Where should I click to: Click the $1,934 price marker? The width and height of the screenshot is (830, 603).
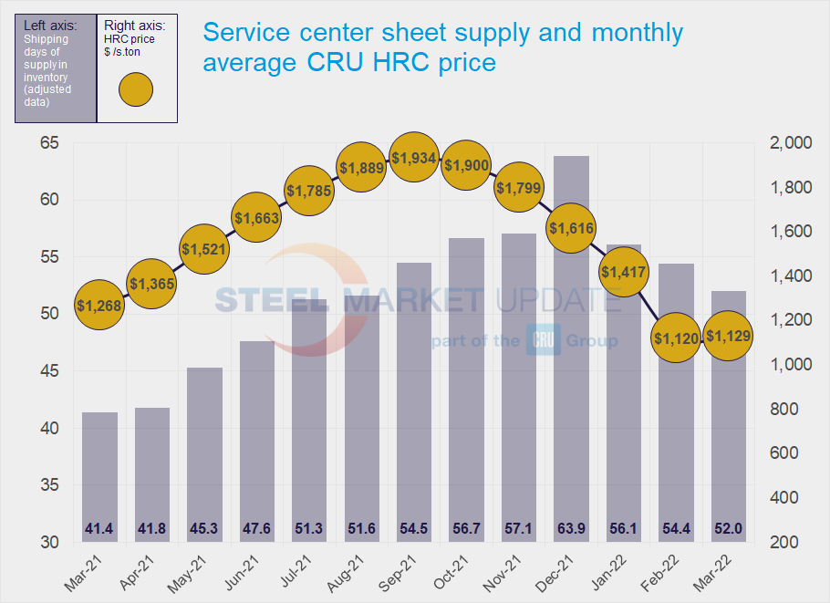coord(414,159)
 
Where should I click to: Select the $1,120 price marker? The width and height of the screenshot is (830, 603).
coord(676,338)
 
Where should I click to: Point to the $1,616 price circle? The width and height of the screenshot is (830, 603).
coord(571,228)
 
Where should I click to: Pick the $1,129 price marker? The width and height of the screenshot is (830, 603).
coord(729,336)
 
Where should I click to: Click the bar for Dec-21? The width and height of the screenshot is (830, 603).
coord(571,347)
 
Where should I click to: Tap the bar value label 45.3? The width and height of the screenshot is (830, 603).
coord(204,528)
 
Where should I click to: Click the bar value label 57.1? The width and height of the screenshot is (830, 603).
coord(519,528)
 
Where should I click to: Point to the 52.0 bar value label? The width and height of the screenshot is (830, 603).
coord(729,528)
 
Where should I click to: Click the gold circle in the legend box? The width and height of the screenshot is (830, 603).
coord(136,89)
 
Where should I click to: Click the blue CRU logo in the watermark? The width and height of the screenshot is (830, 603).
coord(543,340)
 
